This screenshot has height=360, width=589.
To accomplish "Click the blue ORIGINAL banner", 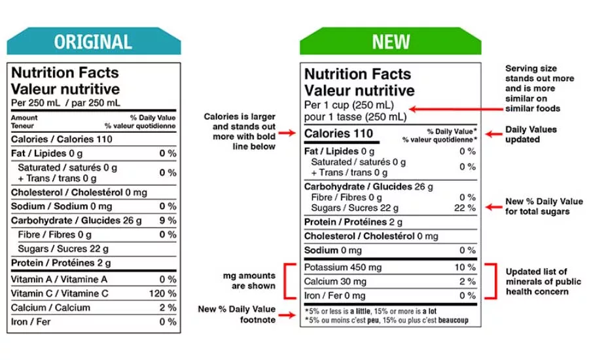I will click(93, 41).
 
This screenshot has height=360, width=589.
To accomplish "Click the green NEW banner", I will click(390, 42).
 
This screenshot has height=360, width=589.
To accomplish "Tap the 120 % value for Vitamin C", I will click(162, 293).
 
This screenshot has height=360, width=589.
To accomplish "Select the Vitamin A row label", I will click(59, 279).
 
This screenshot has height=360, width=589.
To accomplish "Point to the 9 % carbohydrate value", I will click(168, 221).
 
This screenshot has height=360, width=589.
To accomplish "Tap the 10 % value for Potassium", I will click(465, 267).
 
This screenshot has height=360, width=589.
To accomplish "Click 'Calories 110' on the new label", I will click(338, 134).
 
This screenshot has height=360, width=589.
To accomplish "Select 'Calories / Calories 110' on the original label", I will click(62, 139).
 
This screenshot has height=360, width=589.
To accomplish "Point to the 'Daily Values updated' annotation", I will click(531, 134).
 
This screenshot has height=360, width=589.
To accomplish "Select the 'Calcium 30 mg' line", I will click(336, 281).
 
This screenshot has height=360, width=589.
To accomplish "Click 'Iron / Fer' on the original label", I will click(31, 321).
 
